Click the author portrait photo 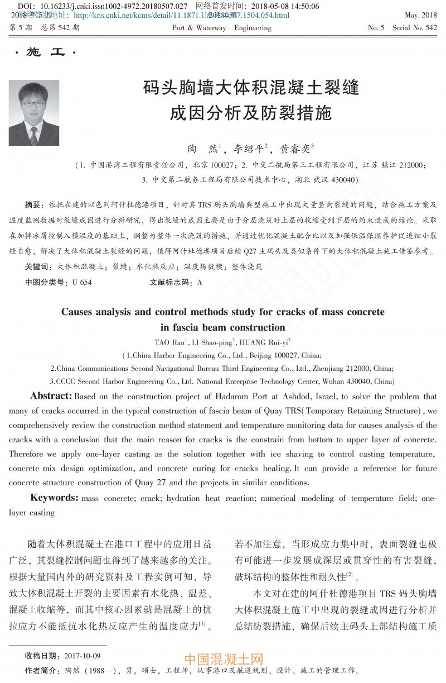pos(34,113)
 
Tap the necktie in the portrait pos(34,135)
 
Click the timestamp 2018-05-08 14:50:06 pos(289,7)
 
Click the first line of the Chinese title pos(250,88)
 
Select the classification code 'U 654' pos(82,283)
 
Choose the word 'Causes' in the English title pos(81,312)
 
